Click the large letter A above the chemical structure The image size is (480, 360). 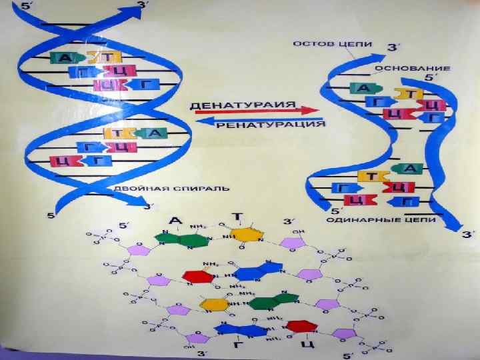(175, 219)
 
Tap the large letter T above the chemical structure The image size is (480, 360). (238, 218)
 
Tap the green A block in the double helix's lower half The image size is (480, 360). (153, 133)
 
